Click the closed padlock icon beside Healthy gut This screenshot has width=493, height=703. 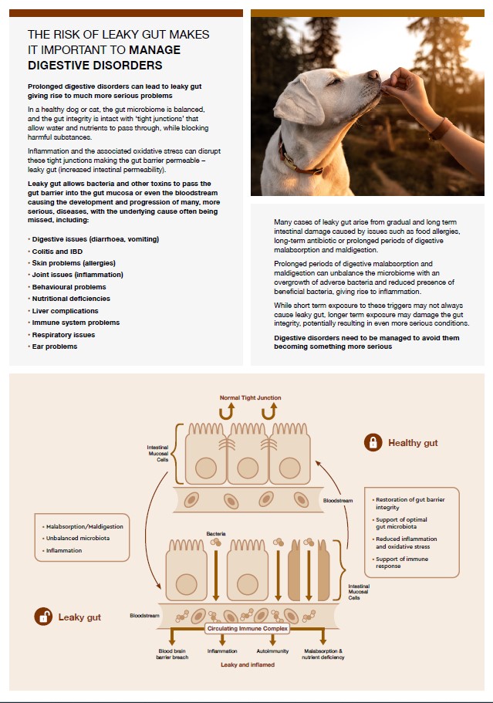tap(373, 442)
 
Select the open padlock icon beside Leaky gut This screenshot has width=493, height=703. tap(43, 617)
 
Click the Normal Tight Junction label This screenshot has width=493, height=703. tap(250, 397)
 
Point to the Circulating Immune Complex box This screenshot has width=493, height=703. tap(247, 629)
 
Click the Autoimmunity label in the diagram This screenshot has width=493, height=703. tap(273, 651)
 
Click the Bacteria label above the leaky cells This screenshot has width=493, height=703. tap(216, 533)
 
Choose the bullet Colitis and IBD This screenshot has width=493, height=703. tap(59, 251)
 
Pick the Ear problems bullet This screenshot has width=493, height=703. tap(55, 346)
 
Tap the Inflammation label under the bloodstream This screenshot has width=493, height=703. tap(222, 651)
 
